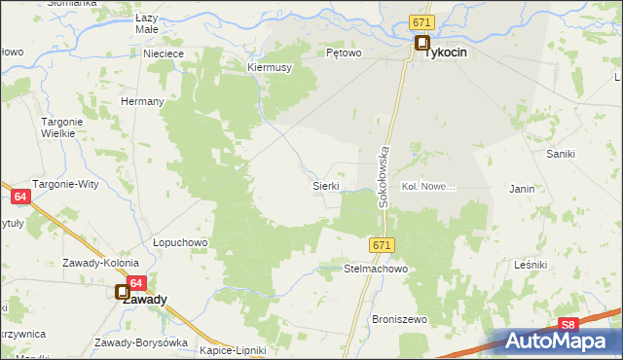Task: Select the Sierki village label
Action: point(325,185)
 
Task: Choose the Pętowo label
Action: point(344,54)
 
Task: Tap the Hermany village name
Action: point(141,101)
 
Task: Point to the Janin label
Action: point(522,188)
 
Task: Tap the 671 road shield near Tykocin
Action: point(421,22)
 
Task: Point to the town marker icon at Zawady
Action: point(123,291)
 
